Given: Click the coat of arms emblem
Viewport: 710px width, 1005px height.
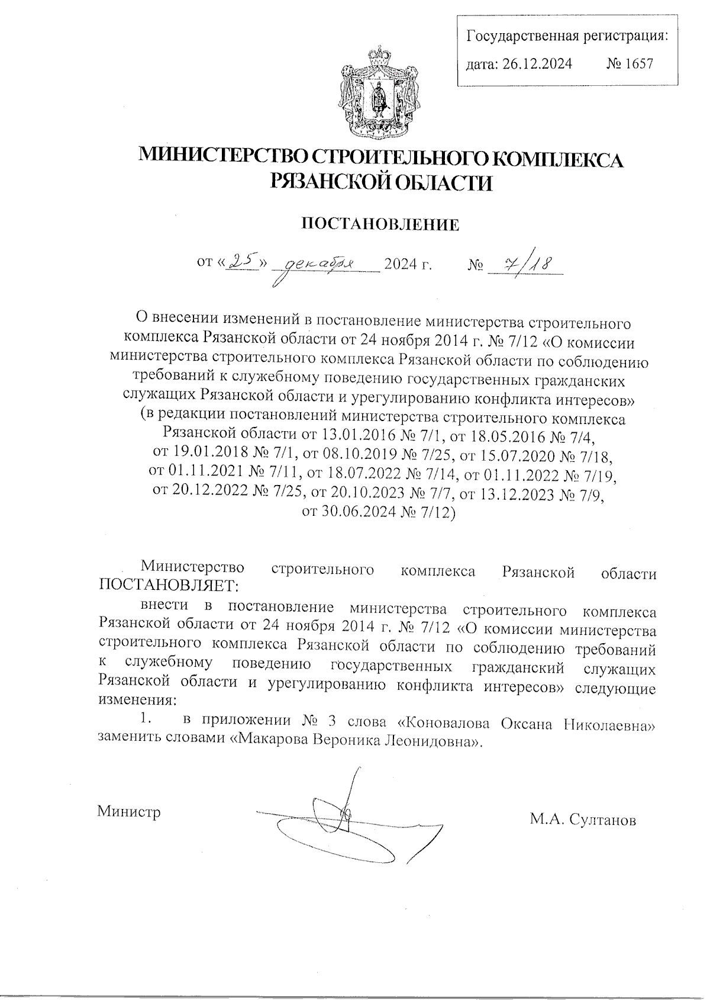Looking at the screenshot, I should [x=375, y=89].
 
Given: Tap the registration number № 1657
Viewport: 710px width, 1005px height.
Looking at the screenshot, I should [x=630, y=63].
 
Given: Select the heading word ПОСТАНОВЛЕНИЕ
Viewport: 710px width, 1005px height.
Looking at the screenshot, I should [x=381, y=225].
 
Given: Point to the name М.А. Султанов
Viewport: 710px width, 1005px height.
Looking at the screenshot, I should [x=583, y=820].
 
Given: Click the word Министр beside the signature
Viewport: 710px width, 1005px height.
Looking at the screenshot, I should [x=129, y=811].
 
